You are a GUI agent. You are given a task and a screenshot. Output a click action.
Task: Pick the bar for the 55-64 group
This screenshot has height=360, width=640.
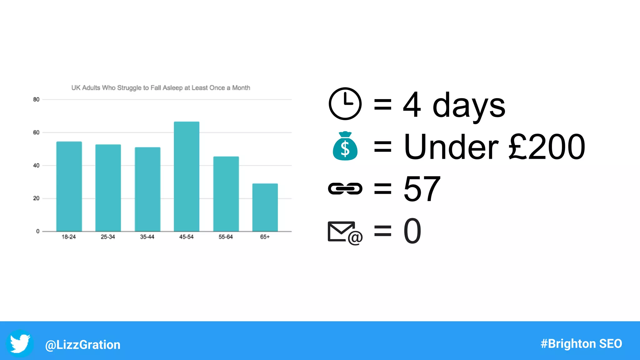226,194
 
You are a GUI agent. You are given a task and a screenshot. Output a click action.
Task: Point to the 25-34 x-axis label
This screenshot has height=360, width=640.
108,237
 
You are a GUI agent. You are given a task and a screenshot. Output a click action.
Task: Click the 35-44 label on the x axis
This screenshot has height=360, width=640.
147,237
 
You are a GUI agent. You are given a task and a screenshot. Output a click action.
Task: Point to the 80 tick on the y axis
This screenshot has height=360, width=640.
36,100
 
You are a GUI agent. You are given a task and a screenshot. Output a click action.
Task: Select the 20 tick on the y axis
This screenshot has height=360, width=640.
36,198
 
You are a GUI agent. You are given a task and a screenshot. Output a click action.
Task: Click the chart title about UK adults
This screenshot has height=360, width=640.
161,88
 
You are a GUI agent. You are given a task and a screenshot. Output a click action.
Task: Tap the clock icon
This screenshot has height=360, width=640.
345,104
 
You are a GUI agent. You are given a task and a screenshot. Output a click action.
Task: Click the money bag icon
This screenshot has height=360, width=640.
345,146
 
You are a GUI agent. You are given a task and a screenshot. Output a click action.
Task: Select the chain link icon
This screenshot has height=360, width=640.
345,188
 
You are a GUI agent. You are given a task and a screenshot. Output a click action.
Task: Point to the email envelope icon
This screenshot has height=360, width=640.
345,232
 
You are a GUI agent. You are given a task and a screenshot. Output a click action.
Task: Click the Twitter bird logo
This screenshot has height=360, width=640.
20,343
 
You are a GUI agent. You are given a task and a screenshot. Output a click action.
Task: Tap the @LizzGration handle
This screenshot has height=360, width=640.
83,345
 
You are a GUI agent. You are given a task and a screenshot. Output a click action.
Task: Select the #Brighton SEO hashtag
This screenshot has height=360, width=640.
581,344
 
